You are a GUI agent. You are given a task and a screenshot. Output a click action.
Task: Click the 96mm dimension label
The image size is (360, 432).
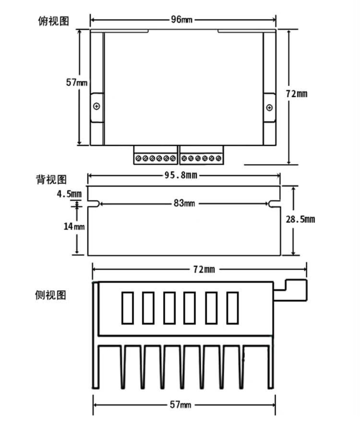tap(182, 20)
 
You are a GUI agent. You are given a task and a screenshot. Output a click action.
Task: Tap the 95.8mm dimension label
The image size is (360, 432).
tap(181, 175)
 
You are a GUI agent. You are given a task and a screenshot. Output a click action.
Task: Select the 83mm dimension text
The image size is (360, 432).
tap(184, 203)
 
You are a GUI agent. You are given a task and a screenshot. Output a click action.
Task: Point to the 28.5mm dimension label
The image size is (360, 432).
tap(300, 219)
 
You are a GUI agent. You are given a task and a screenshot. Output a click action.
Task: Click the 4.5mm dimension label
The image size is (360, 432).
tap(69, 194)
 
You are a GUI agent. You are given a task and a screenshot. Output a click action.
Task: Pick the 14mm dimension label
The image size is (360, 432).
tap(74, 226)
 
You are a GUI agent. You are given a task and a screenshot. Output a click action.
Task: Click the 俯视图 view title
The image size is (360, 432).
tap(53, 21)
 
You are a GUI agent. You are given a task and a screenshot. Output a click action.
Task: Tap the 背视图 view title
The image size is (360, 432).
tap(51, 179)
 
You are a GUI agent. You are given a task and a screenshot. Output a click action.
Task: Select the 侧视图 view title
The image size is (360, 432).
tap(50, 295)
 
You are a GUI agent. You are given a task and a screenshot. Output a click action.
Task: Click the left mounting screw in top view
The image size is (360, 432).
tap(96, 106)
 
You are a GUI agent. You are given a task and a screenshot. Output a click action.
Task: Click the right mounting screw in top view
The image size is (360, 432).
tap(269, 108)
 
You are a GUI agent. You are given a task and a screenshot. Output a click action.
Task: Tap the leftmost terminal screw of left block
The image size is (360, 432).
tap(138, 158)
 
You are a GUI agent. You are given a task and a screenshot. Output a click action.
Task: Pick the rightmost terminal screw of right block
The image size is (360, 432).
tap(219, 158)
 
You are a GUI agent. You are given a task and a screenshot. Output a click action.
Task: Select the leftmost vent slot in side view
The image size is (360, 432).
tap(127, 308)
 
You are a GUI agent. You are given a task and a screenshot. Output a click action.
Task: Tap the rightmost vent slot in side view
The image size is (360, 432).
tap(233, 308)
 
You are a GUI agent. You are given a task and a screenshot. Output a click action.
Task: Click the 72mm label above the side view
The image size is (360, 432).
tap(204, 269)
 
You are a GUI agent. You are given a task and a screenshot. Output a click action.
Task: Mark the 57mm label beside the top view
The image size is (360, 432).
tap(77, 82)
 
